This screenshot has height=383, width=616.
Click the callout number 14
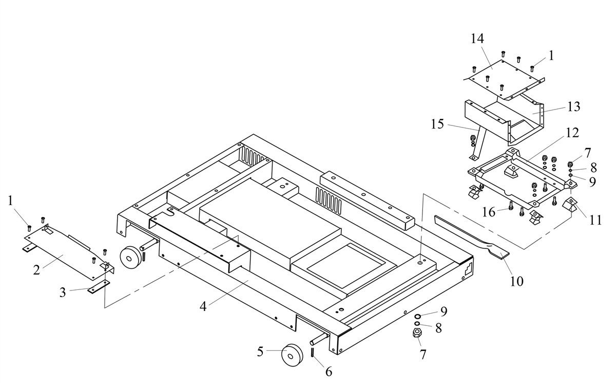[477, 39]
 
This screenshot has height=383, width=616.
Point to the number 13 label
[573, 107]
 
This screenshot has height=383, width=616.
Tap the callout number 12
[572, 133]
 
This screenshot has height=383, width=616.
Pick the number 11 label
[595, 221]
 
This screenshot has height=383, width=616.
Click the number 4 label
[203, 306]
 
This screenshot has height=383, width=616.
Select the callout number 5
[260, 352]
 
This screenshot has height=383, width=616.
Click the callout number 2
[36, 269]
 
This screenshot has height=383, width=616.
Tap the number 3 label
[63, 293]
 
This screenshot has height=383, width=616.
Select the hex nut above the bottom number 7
[417, 333]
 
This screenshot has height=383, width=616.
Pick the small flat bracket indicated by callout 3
[98, 287]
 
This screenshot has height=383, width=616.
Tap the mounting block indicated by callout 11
[569, 204]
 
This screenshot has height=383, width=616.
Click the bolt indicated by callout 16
[511, 207]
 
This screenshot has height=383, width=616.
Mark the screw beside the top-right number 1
[532, 67]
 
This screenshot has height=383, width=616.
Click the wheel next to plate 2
[130, 255]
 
